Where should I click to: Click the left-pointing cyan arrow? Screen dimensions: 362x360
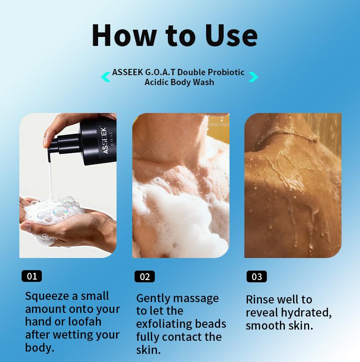[x=106, y=77]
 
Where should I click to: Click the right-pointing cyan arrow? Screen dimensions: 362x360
[x=253, y=77]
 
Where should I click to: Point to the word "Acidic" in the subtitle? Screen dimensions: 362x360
[x=157, y=82]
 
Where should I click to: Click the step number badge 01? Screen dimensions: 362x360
[x=32, y=276]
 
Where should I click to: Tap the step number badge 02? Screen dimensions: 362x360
[x=144, y=276]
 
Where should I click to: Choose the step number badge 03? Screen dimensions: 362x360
[x=256, y=276]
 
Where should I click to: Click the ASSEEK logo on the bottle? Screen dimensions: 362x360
[x=104, y=141]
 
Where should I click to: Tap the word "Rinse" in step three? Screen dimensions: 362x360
[x=260, y=299]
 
